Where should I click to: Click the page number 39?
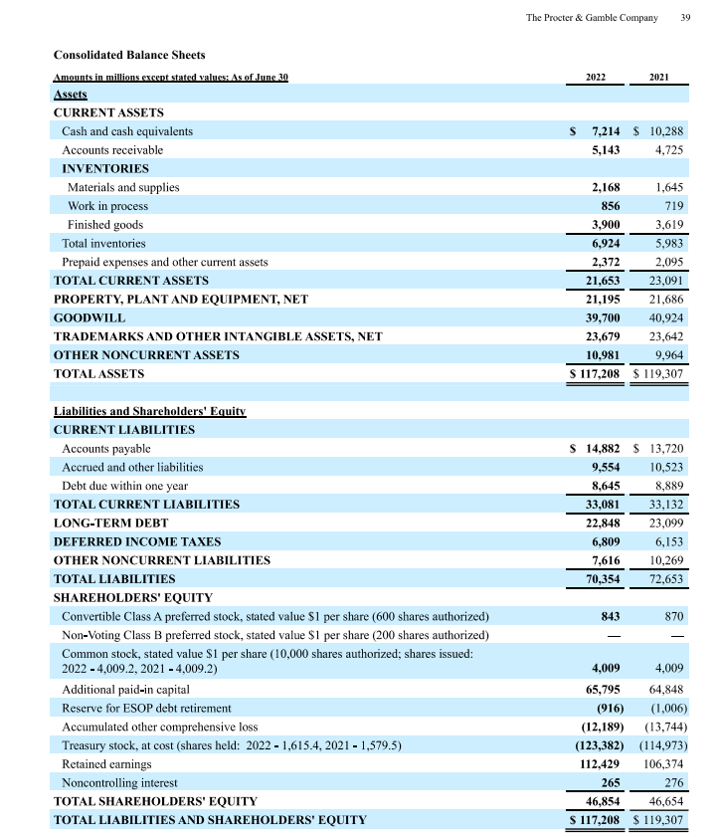[685, 17]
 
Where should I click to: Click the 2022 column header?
[597, 77]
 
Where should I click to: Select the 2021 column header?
[658, 77]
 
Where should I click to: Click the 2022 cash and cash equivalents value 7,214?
[606, 131]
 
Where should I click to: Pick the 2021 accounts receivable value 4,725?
[665, 150]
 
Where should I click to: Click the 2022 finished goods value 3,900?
[606, 225]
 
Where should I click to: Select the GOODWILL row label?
[90, 317]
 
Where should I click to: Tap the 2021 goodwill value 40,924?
[665, 317]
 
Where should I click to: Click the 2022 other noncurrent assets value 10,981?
[603, 355]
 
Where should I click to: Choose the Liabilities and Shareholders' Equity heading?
[149, 411]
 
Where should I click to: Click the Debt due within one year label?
[124, 486]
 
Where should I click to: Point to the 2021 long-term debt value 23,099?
[665, 523]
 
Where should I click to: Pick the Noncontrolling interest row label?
[116, 782]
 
